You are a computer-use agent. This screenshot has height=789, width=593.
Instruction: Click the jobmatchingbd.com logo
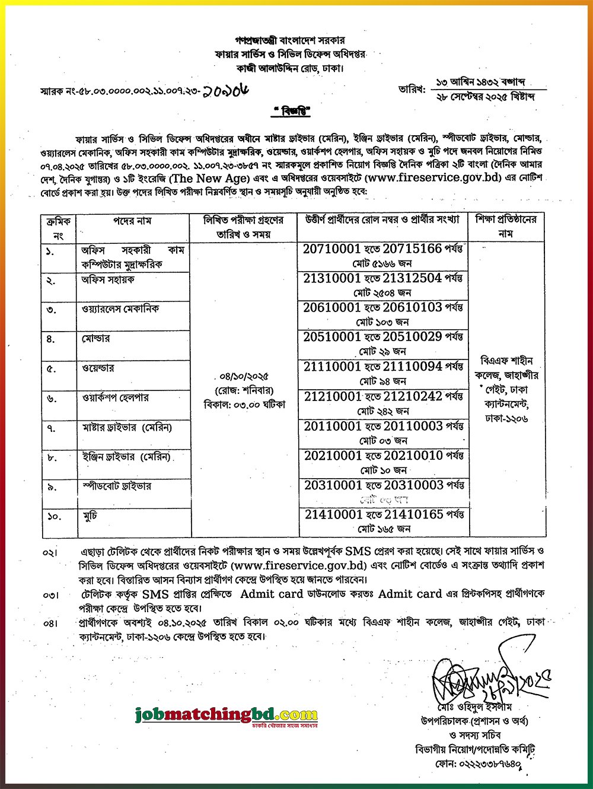pyautogui.click(x=226, y=715)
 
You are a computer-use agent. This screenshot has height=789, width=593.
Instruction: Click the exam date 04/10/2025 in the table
pyautogui.click(x=244, y=377)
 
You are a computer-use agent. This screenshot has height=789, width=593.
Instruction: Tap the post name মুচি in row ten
pyautogui.click(x=90, y=516)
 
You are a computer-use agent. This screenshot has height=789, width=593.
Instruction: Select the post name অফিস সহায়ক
pyautogui.click(x=108, y=279)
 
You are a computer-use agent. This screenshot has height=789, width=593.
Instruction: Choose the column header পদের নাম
pyautogui.click(x=133, y=221)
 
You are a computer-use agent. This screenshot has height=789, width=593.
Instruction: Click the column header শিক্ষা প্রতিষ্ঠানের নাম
pyautogui.click(x=506, y=226)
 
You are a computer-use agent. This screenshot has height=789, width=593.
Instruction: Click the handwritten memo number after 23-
pyautogui.click(x=225, y=90)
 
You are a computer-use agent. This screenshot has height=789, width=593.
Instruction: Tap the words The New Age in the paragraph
pyautogui.click(x=207, y=179)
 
